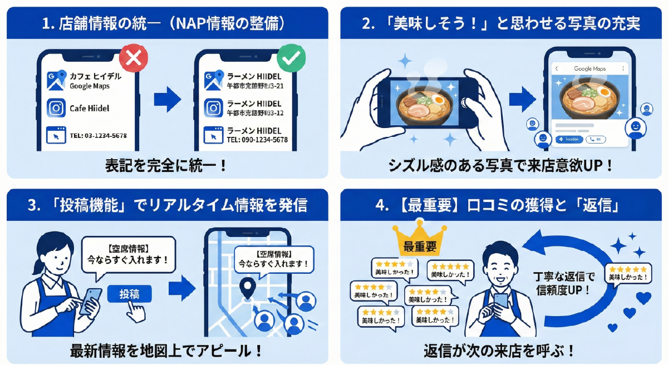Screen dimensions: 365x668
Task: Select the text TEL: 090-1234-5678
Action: tap(257, 140)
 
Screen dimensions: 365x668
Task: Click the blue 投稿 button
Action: tap(130, 294)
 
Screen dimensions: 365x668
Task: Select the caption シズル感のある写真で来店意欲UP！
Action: tap(501, 165)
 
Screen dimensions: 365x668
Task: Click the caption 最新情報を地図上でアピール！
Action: tap(166, 351)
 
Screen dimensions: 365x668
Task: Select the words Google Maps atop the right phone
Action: tap(590, 68)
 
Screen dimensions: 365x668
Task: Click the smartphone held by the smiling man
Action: tap(500, 301)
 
